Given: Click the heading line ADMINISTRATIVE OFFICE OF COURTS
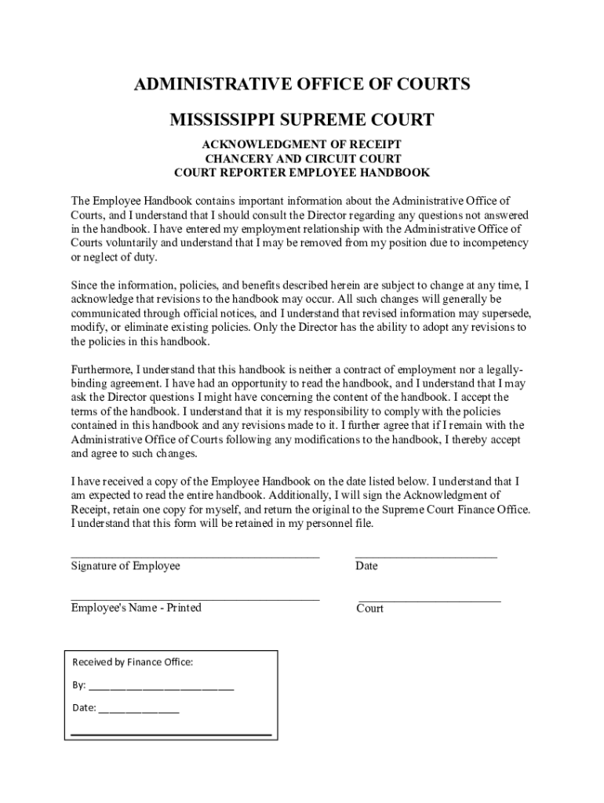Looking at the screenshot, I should click(302, 85).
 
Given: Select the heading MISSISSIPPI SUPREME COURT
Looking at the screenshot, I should click(302, 120).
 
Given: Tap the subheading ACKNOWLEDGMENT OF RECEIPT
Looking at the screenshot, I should click(302, 144).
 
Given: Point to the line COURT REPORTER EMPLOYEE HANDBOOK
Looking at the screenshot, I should click(302, 173).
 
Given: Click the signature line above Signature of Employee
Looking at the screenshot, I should click(195, 557).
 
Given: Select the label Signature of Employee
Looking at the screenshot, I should click(126, 566).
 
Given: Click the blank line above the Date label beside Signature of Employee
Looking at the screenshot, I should click(426, 557).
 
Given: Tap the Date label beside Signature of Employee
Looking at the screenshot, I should click(366, 566).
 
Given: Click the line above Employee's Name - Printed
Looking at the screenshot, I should click(195, 599).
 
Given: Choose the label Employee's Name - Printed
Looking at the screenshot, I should click(136, 608).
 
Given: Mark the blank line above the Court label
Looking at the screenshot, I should click(429, 601).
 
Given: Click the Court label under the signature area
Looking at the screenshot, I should click(370, 609).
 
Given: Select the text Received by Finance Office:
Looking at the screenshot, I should click(133, 662).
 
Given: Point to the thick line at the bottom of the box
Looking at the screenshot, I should click(171, 735).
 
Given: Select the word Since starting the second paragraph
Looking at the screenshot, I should click(84, 285).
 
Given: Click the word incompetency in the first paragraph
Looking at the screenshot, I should click(492, 243).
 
